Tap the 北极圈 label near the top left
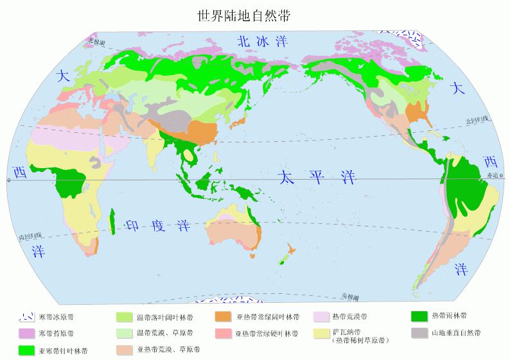point(96,42)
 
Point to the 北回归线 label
point(478,120)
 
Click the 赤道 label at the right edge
point(493,175)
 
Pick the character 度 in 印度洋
point(157,226)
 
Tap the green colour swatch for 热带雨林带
point(419,316)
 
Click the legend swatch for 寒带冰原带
point(26,317)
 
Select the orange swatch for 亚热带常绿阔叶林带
point(222,317)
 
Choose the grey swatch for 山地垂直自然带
point(419,332)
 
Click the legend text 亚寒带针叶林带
point(63,351)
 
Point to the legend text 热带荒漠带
point(350,317)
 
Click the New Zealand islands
point(287,253)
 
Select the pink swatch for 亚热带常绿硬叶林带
point(222,333)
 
